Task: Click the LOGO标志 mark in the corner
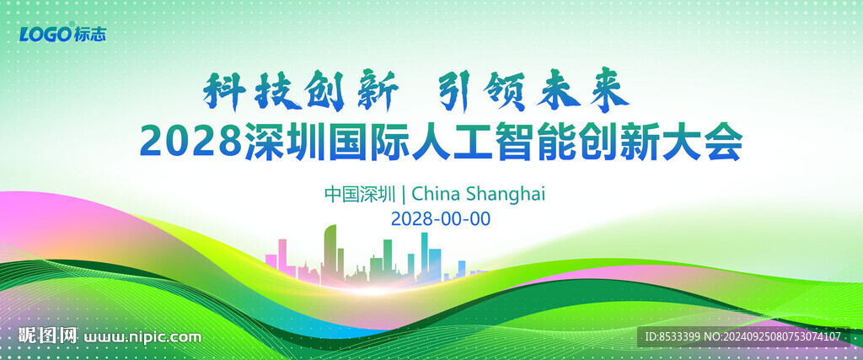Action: pos(63,34)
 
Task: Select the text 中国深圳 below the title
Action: pos(360,194)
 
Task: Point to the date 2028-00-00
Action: pos(441,218)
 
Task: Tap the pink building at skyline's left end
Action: pos(282,255)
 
